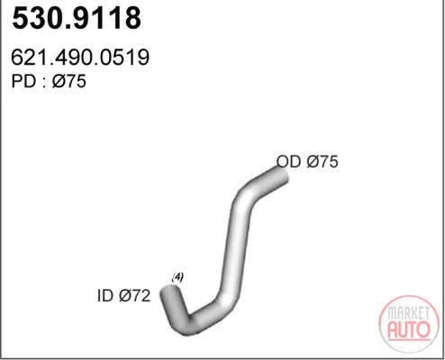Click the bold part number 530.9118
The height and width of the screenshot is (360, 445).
(77, 18)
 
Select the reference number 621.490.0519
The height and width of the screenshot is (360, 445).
(80, 57)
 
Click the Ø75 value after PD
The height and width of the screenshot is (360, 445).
(69, 81)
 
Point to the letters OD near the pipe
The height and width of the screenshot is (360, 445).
(288, 161)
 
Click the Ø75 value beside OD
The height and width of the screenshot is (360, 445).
(322, 161)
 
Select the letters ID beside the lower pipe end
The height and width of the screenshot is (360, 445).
(104, 296)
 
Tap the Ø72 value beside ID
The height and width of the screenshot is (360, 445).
(134, 296)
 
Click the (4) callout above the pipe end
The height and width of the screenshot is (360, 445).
(177, 277)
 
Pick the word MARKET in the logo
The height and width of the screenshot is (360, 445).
(408, 313)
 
